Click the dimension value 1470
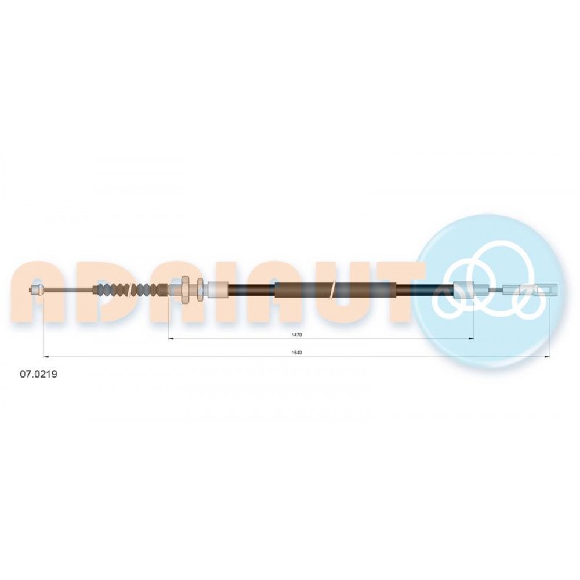pos(296,335)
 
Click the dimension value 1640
pos(296,353)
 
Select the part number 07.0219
pos(38,374)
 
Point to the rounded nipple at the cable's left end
pos(36,289)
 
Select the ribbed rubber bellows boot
pos(131,289)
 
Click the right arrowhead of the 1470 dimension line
pos(472,339)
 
